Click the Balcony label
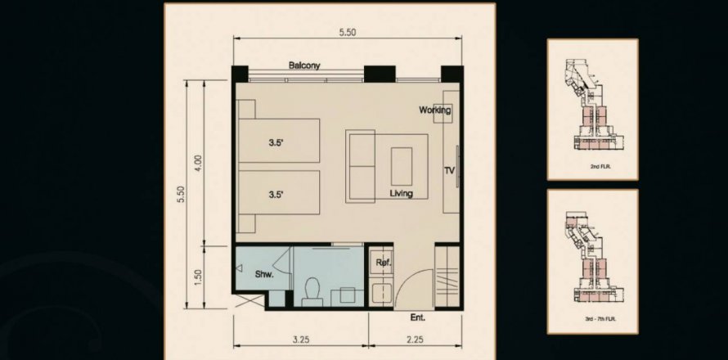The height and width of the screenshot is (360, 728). click(304, 65)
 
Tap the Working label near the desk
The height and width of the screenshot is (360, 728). click(434, 110)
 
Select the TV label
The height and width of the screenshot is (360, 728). click(449, 171)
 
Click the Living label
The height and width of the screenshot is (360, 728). click(401, 193)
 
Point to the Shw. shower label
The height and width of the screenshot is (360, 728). click(264, 274)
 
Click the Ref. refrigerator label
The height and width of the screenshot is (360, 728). click(383, 263)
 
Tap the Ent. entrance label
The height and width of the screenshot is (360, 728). click(417, 318)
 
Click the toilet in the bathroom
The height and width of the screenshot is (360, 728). click(312, 292)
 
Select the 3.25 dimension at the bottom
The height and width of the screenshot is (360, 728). click(301, 340)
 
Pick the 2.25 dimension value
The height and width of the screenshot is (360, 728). click(415, 340)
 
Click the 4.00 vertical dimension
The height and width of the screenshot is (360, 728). click(198, 163)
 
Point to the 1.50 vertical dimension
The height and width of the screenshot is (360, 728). click(198, 277)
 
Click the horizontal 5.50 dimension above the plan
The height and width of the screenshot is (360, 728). click(348, 32)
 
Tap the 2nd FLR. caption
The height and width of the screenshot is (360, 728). click(593, 166)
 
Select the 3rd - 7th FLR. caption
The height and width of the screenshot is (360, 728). click(593, 319)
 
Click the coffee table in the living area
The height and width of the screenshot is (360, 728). click(402, 166)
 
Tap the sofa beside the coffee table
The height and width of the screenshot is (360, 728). click(360, 166)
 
